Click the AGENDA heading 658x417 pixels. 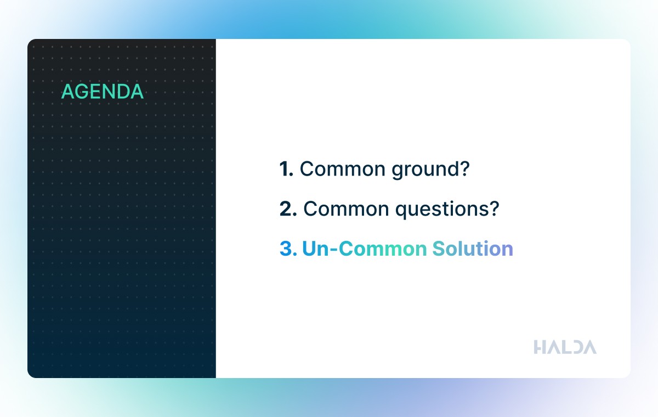[x=102, y=92]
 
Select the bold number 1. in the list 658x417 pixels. [x=286, y=169]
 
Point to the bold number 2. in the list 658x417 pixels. [x=288, y=209]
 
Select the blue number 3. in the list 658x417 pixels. [x=288, y=249]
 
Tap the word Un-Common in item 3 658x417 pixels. [x=364, y=249]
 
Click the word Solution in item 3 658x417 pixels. [x=473, y=249]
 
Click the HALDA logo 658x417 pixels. [x=565, y=347]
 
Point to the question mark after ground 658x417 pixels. [x=464, y=168]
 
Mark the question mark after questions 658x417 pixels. [x=493, y=208]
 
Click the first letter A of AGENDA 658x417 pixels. [x=69, y=92]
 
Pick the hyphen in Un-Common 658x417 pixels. [x=334, y=250]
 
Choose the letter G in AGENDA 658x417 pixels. [x=84, y=92]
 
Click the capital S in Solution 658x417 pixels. [x=439, y=249]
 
